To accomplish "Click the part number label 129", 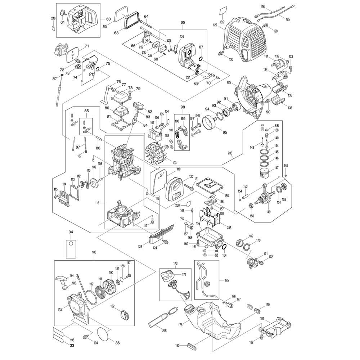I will tap(225, 25).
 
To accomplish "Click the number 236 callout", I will tap(231, 153).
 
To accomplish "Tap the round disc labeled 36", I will tap(104, 334).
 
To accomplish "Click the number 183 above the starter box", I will tap(94, 253).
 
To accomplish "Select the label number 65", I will tap(183, 22).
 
